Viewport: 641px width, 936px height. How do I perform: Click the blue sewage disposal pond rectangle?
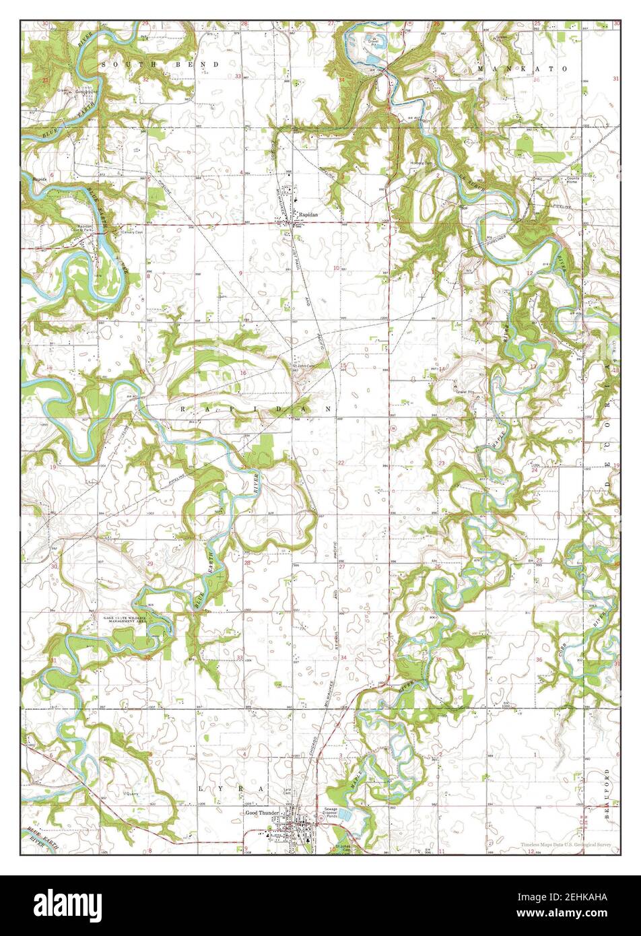pos(345,815)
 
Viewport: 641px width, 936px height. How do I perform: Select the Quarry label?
pos(132,794)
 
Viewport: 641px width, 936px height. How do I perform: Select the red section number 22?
pos(341,463)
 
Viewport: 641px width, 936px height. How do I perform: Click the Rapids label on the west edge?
pos(38,180)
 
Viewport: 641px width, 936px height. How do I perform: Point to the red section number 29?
pos(150,563)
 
